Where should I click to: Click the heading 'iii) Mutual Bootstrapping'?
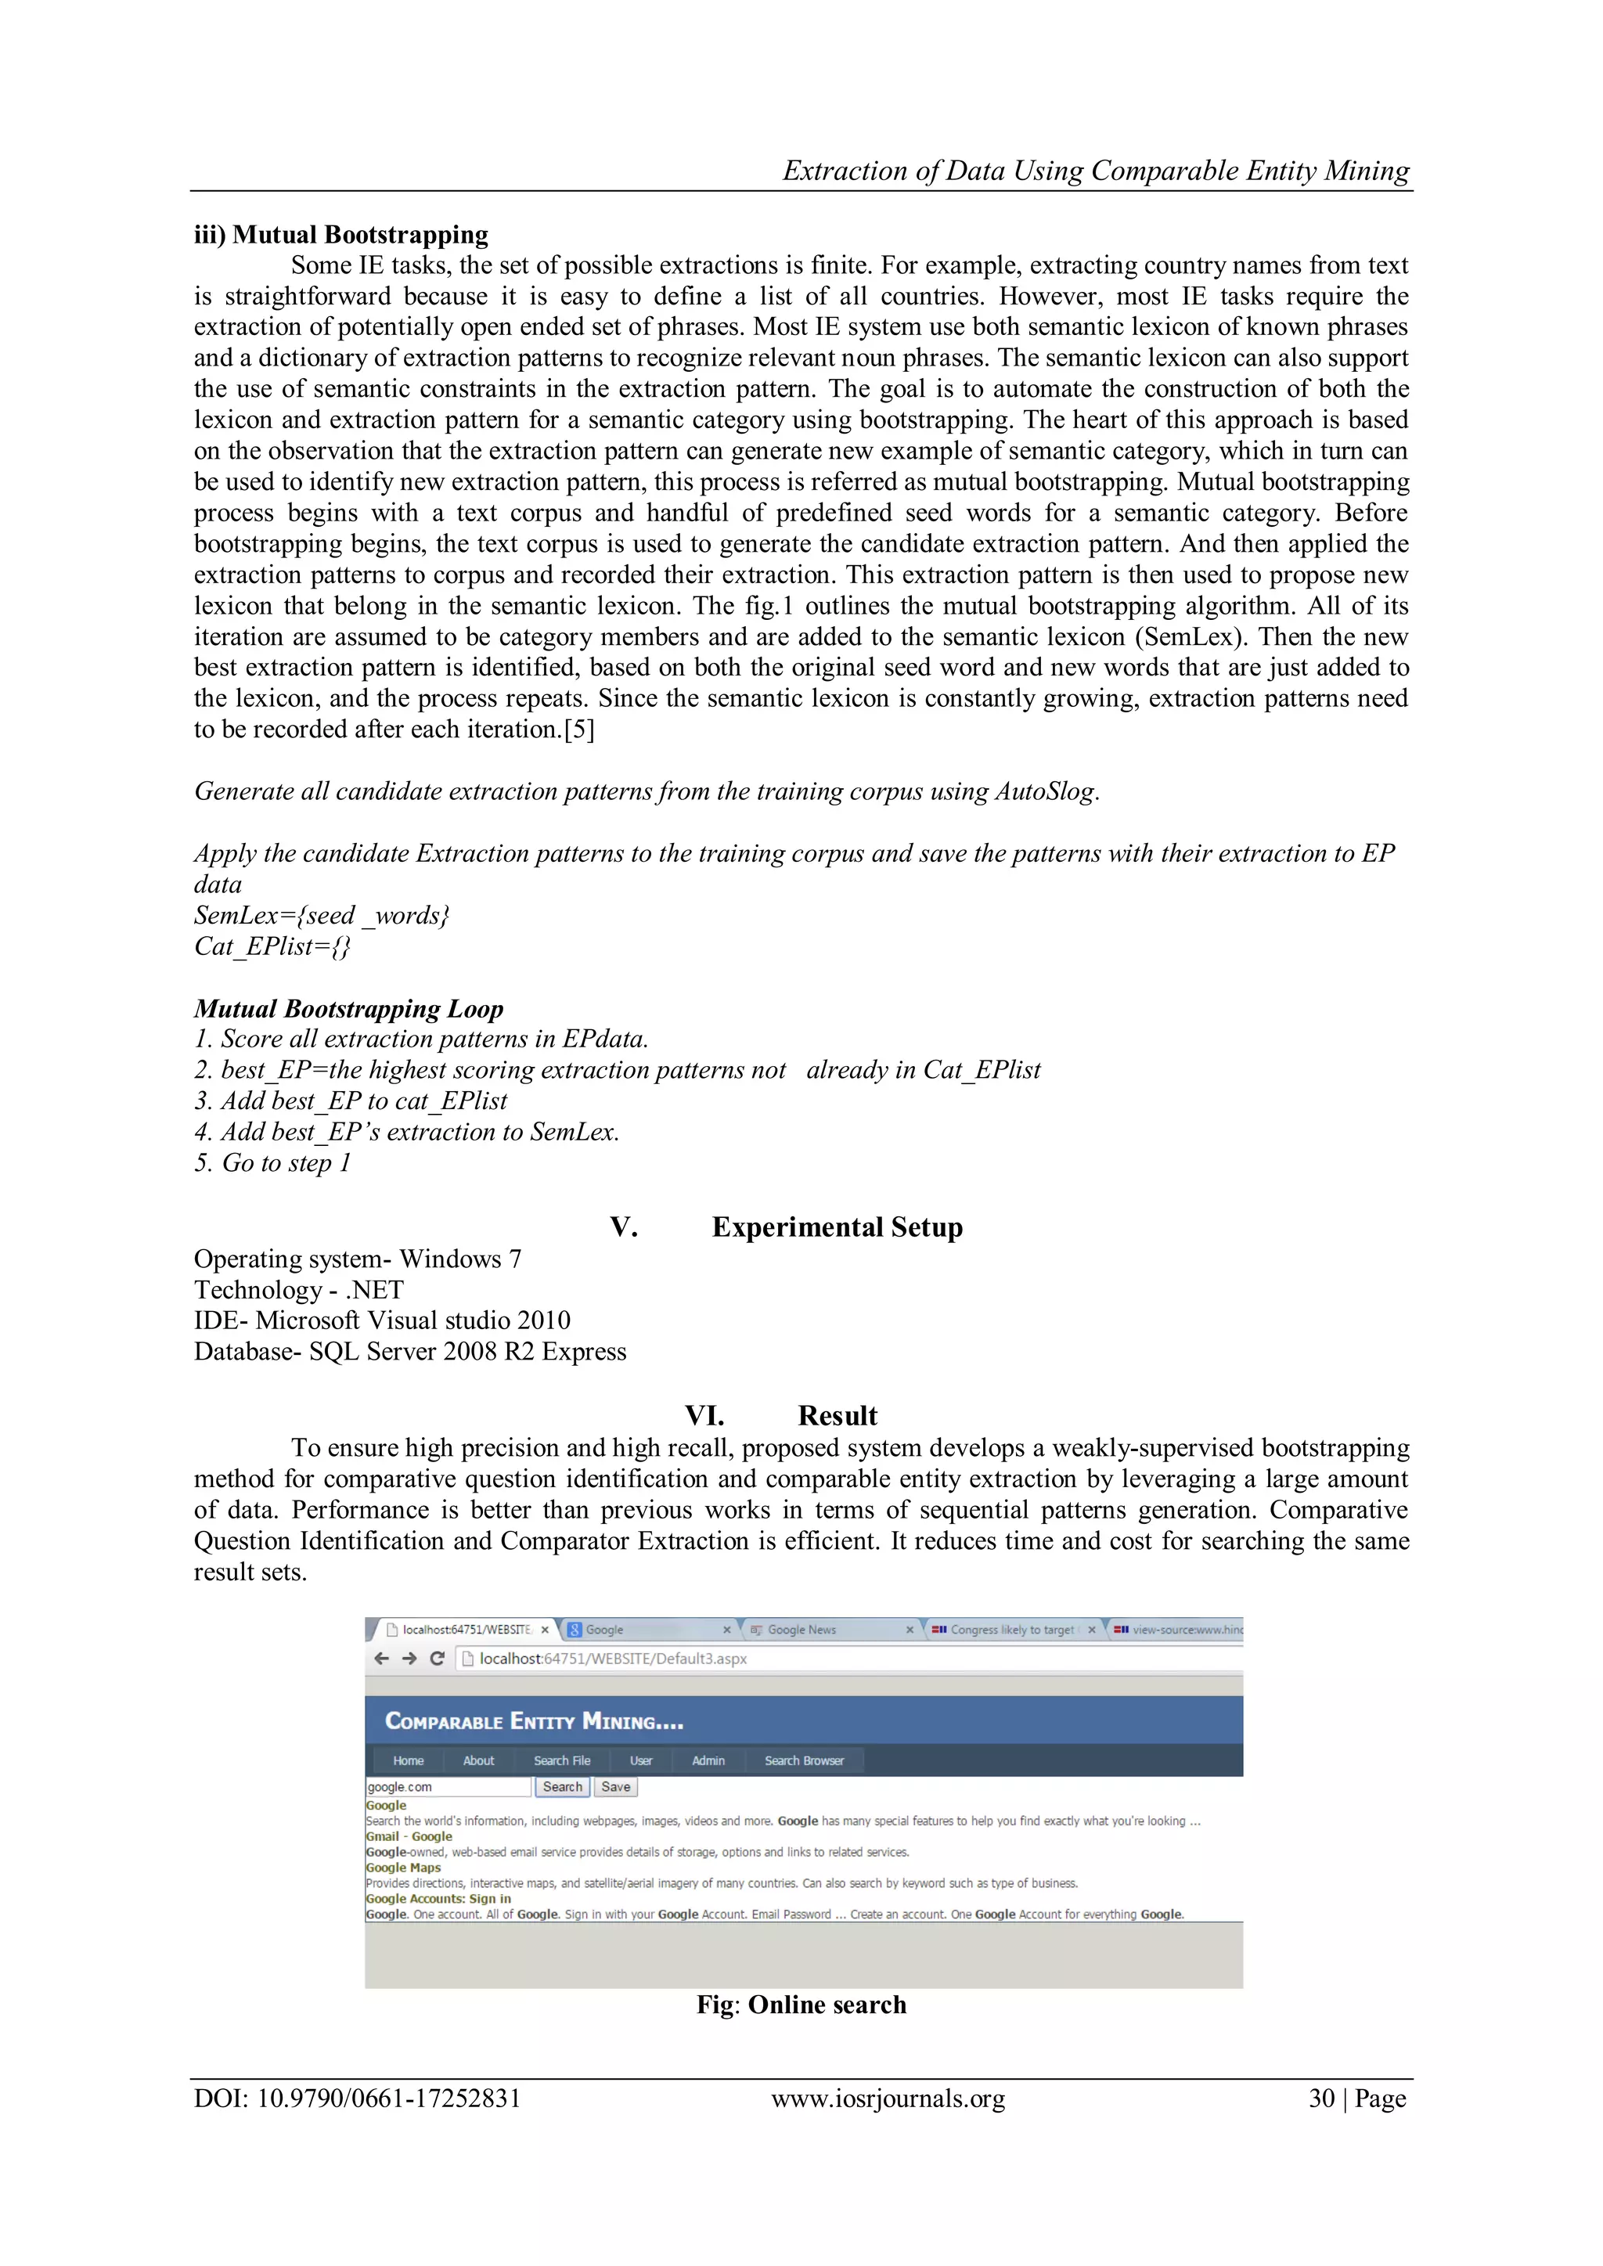click(340, 235)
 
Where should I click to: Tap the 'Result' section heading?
click(837, 1415)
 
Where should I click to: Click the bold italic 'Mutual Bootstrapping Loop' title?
click(348, 1009)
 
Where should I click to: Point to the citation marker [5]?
click(578, 730)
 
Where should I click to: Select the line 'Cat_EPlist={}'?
click(272, 946)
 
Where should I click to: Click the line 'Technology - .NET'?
click(298, 1290)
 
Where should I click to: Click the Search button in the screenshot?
click(563, 1786)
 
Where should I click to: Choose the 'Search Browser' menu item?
click(804, 1760)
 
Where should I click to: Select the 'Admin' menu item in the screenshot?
click(708, 1760)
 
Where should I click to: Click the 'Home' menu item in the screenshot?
click(408, 1760)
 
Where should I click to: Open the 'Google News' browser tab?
click(801, 1630)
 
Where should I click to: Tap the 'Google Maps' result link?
click(404, 1868)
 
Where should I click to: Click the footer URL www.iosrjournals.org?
click(888, 2098)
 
